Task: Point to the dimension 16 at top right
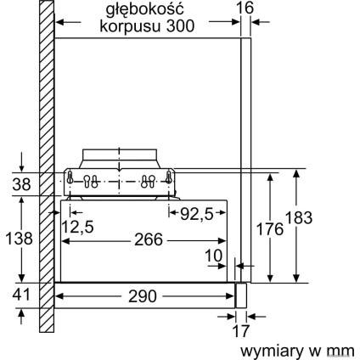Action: [245, 9]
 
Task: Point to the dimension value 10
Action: [212, 256]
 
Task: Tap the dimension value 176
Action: [270, 228]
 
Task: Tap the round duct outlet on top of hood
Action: [120, 158]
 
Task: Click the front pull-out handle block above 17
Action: [242, 294]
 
